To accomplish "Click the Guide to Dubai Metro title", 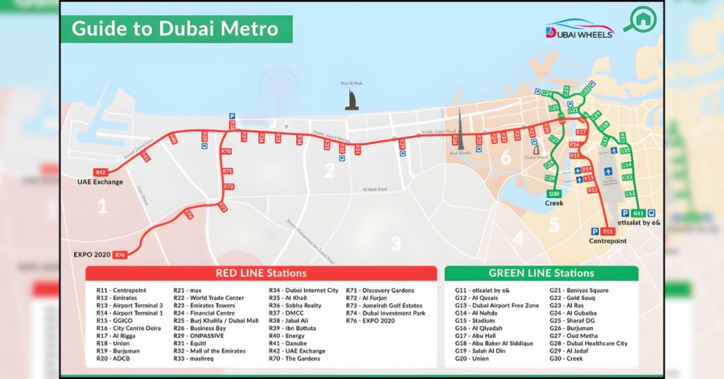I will tap(173, 29).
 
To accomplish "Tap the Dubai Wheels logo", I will tap(580, 29).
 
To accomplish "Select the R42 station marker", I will tap(100, 172).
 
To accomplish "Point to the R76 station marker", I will tap(119, 255).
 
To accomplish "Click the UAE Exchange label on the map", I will tap(100, 182).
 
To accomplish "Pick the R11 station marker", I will tap(608, 231).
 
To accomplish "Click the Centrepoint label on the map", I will tap(608, 241).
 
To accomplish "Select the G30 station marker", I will tap(554, 194).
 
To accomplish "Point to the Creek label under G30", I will tap(554, 204).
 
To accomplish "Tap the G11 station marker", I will tap(638, 213).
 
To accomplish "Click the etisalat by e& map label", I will tap(638, 223).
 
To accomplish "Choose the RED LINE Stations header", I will tap(261, 273).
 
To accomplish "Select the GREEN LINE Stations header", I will tap(541, 273).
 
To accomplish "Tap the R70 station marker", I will tap(226, 151).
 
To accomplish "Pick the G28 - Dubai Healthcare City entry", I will tap(588, 343).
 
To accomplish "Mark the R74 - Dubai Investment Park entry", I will tap(385, 313).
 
